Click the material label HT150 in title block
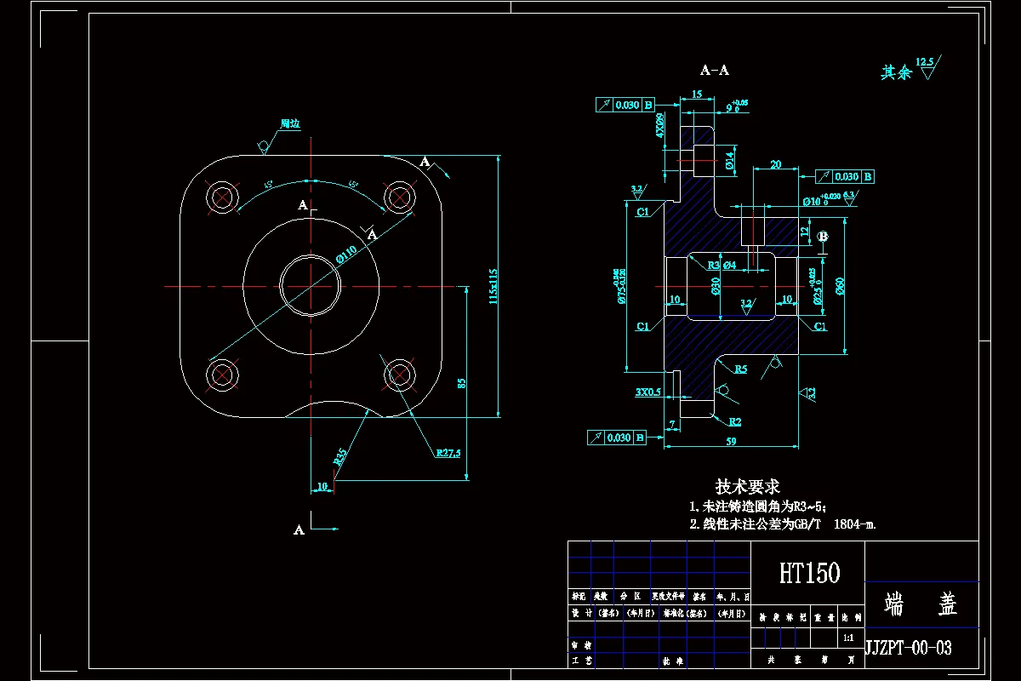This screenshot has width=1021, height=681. point(809,573)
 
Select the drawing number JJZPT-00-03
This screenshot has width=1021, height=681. point(908,648)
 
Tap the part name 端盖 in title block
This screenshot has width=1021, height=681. point(921,604)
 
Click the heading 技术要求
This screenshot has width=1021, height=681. point(747,486)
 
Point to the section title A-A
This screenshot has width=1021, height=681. point(714,71)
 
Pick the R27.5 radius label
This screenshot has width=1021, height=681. point(448,454)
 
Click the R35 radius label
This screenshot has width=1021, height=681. point(340,455)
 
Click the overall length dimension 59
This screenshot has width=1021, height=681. point(731,440)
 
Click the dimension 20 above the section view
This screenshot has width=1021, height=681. point(775,164)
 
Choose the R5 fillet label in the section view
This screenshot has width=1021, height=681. point(741,369)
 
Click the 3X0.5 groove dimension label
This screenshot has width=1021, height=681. point(647,392)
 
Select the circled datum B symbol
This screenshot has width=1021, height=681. point(822,236)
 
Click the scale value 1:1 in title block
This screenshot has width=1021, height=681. point(847,638)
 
